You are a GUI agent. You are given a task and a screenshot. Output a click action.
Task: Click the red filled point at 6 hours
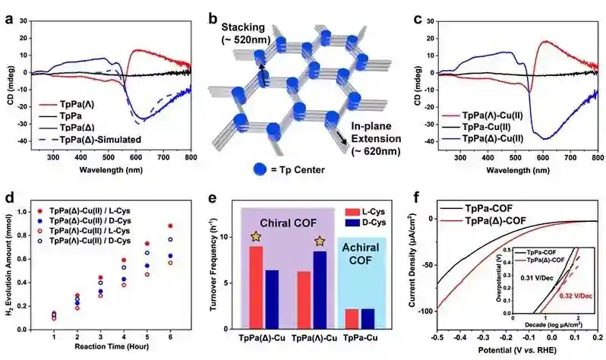[170, 226]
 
